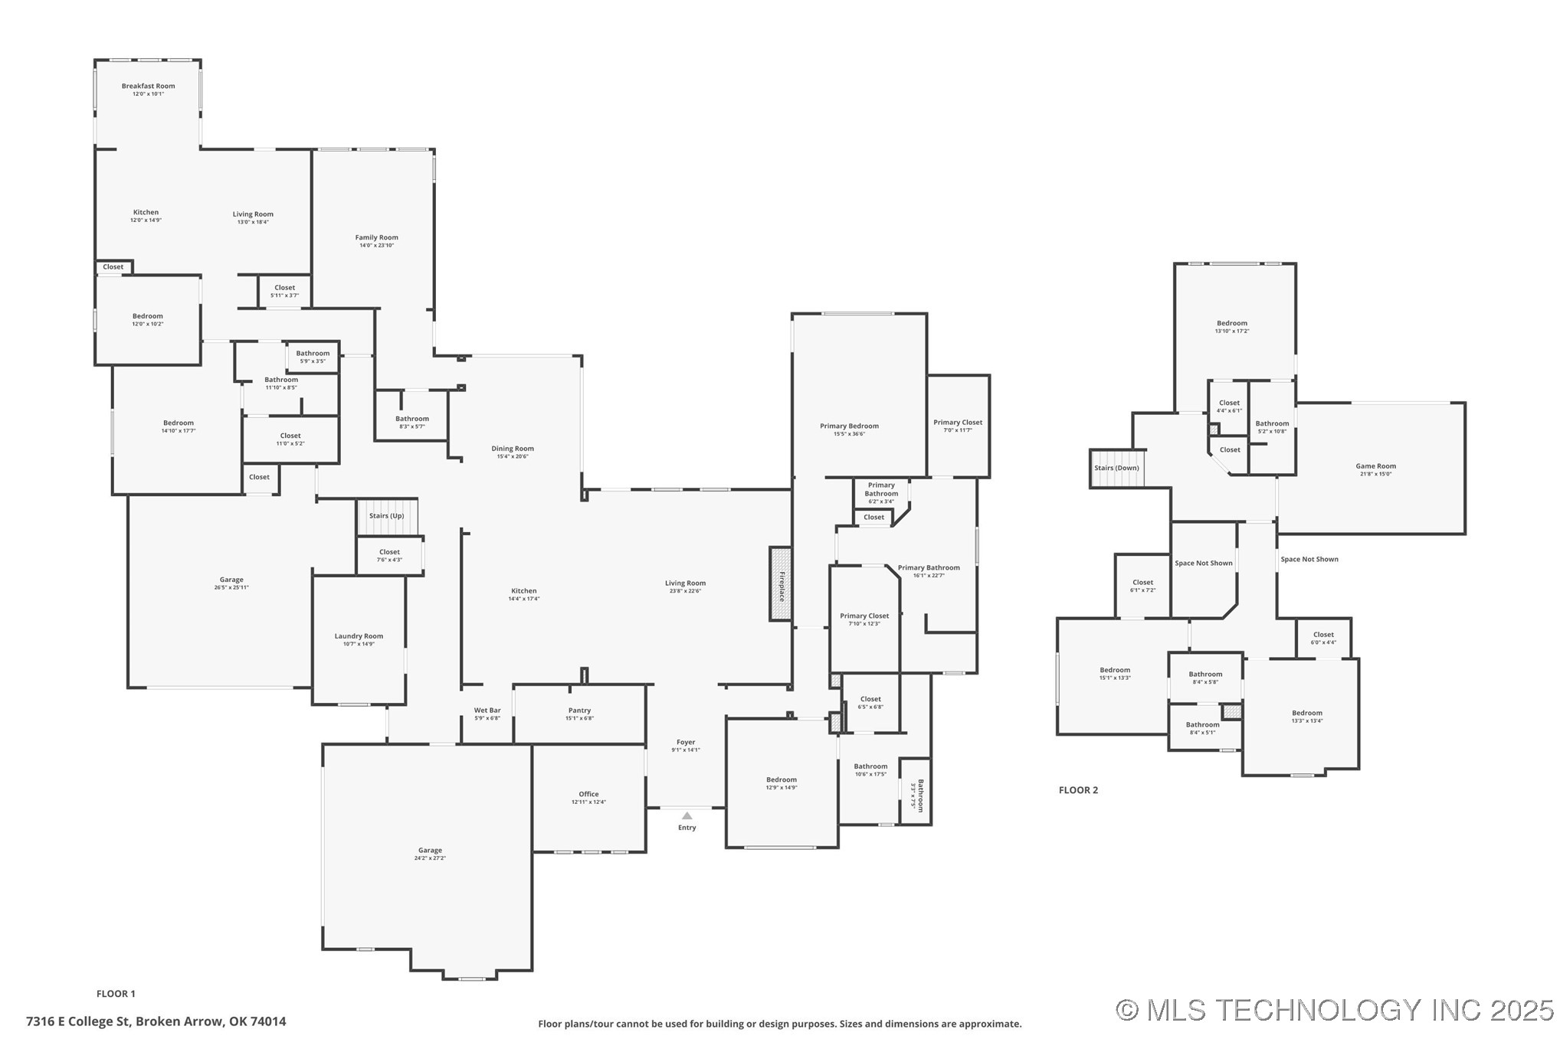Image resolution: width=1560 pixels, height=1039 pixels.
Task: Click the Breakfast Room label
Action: (148, 86)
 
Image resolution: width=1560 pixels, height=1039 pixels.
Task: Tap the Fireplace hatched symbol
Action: (781, 583)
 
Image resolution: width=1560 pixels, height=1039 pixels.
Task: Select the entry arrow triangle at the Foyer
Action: (687, 816)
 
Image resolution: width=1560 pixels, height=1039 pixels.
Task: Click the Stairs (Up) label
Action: (386, 516)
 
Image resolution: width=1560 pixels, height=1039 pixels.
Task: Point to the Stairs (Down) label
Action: (1116, 468)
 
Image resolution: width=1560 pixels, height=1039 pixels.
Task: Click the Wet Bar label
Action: (487, 711)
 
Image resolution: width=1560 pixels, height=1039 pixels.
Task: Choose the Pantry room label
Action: (579, 711)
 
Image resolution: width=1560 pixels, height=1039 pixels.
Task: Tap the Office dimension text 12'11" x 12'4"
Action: (588, 802)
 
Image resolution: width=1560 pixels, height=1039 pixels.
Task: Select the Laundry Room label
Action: (359, 636)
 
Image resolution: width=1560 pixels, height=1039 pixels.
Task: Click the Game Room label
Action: (1375, 466)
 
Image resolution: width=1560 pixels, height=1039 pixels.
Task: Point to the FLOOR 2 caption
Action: (1078, 790)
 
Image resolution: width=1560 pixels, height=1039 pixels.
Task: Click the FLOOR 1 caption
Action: (116, 994)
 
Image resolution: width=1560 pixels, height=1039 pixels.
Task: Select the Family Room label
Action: (376, 237)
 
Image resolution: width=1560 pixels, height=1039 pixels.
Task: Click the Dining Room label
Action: (513, 449)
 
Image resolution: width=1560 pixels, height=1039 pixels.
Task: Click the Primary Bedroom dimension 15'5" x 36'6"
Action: (849, 434)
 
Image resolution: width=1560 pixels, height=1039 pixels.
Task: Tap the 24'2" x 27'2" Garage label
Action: (430, 858)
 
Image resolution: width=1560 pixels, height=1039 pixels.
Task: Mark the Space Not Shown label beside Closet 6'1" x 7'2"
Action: (1203, 563)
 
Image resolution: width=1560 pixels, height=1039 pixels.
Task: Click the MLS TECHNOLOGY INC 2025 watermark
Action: (1334, 1010)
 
